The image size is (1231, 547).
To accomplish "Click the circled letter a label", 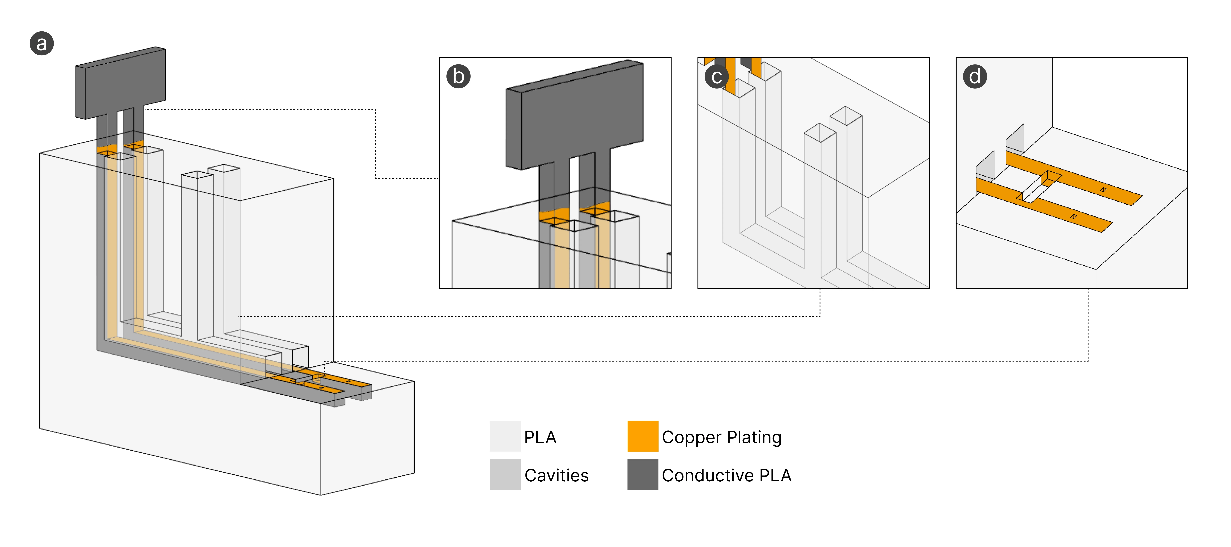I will tap(42, 43).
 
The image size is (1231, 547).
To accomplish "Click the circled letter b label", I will tap(458, 76).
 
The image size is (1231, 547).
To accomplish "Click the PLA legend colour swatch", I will tap(505, 436).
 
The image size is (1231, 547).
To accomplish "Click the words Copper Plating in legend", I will tap(721, 437).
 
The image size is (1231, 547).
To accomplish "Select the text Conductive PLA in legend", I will tap(726, 475).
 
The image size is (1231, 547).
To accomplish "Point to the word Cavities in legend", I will tap(556, 475).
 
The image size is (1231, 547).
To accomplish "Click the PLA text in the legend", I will tap(540, 437).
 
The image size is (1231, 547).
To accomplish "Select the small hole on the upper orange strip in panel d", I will tap(1103, 190).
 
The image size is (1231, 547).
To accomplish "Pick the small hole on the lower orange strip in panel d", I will tap(1074, 216).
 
